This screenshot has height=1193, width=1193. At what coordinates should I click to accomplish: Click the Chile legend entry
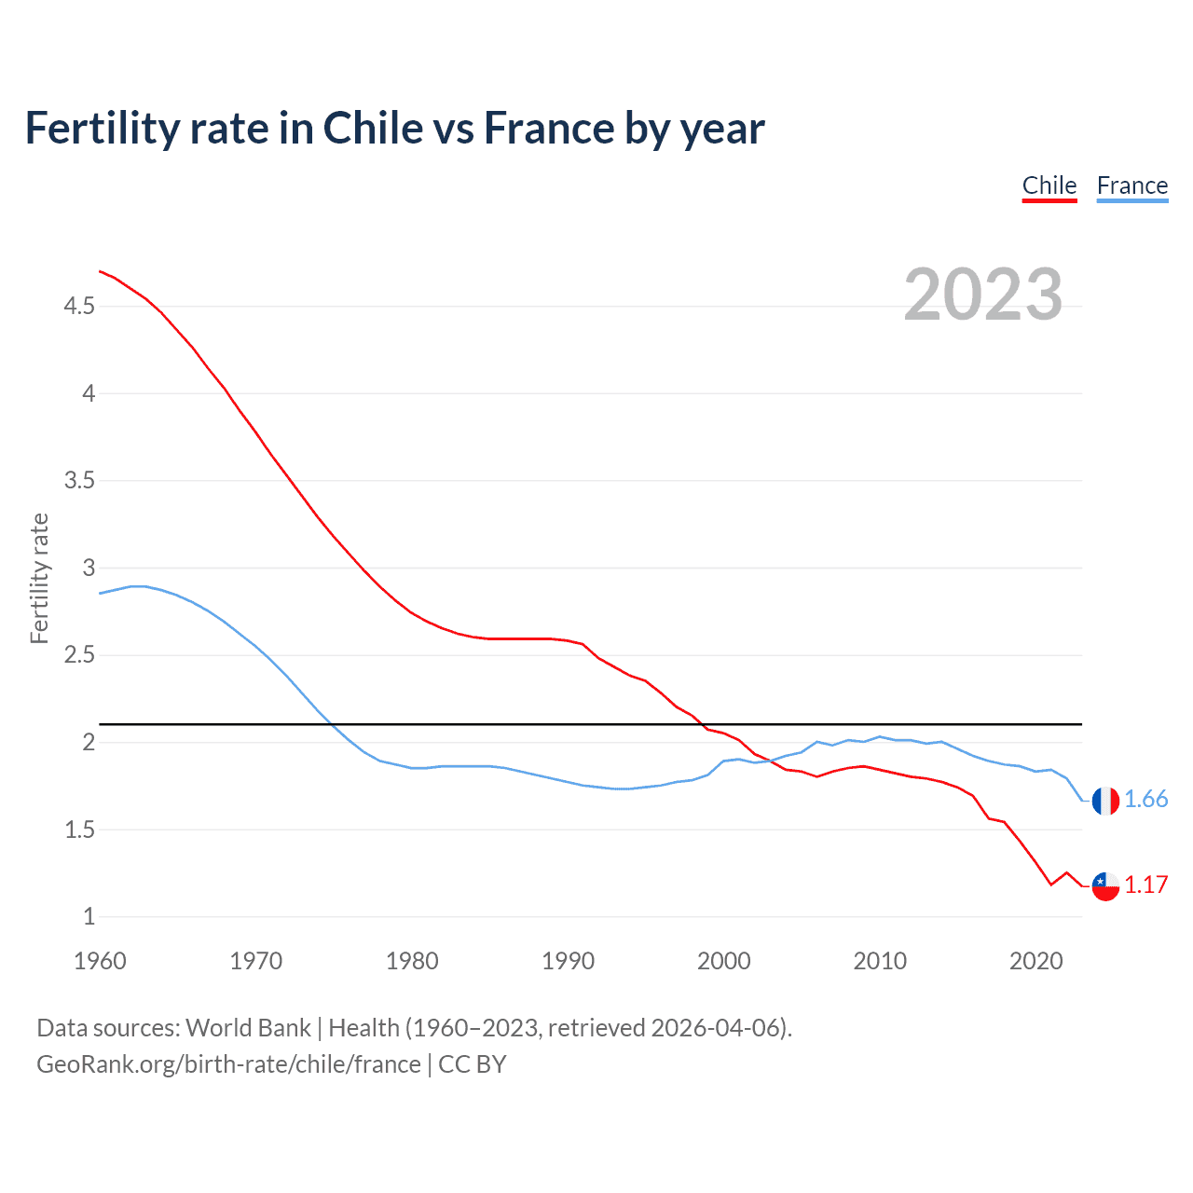pos(1049,185)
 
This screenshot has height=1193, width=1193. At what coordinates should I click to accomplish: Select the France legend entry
pos(1131,185)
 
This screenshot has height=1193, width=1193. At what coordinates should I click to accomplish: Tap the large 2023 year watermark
pos(983,295)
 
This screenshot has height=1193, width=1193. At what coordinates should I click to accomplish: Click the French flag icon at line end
pos(1105,801)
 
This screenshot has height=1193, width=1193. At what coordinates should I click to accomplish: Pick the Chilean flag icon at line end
pos(1105,886)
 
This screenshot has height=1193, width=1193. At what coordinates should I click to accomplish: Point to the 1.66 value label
pos(1145,800)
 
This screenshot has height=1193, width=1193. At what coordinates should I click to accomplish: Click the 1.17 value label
pos(1145,885)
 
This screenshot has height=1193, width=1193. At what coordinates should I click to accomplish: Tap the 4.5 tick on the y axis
pos(79,306)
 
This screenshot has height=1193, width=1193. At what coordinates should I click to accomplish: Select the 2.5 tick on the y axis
pos(79,655)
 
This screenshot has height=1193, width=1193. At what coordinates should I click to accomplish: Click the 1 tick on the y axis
pos(89,917)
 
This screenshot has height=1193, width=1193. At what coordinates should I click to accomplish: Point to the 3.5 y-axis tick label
pos(79,481)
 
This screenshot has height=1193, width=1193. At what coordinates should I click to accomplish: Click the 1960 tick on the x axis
pos(100,961)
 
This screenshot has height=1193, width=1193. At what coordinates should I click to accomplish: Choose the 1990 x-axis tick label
pos(568,961)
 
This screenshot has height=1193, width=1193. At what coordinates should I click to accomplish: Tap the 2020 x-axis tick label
pos(1035,961)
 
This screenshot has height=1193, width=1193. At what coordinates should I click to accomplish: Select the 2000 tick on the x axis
pos(723,961)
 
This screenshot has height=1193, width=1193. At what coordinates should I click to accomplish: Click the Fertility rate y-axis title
pos(39,578)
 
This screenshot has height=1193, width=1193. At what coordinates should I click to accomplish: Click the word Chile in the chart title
pos(372,128)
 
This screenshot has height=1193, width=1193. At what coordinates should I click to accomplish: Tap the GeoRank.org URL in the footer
pos(228,1064)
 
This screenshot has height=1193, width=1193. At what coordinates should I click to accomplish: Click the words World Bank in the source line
pos(248,1028)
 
